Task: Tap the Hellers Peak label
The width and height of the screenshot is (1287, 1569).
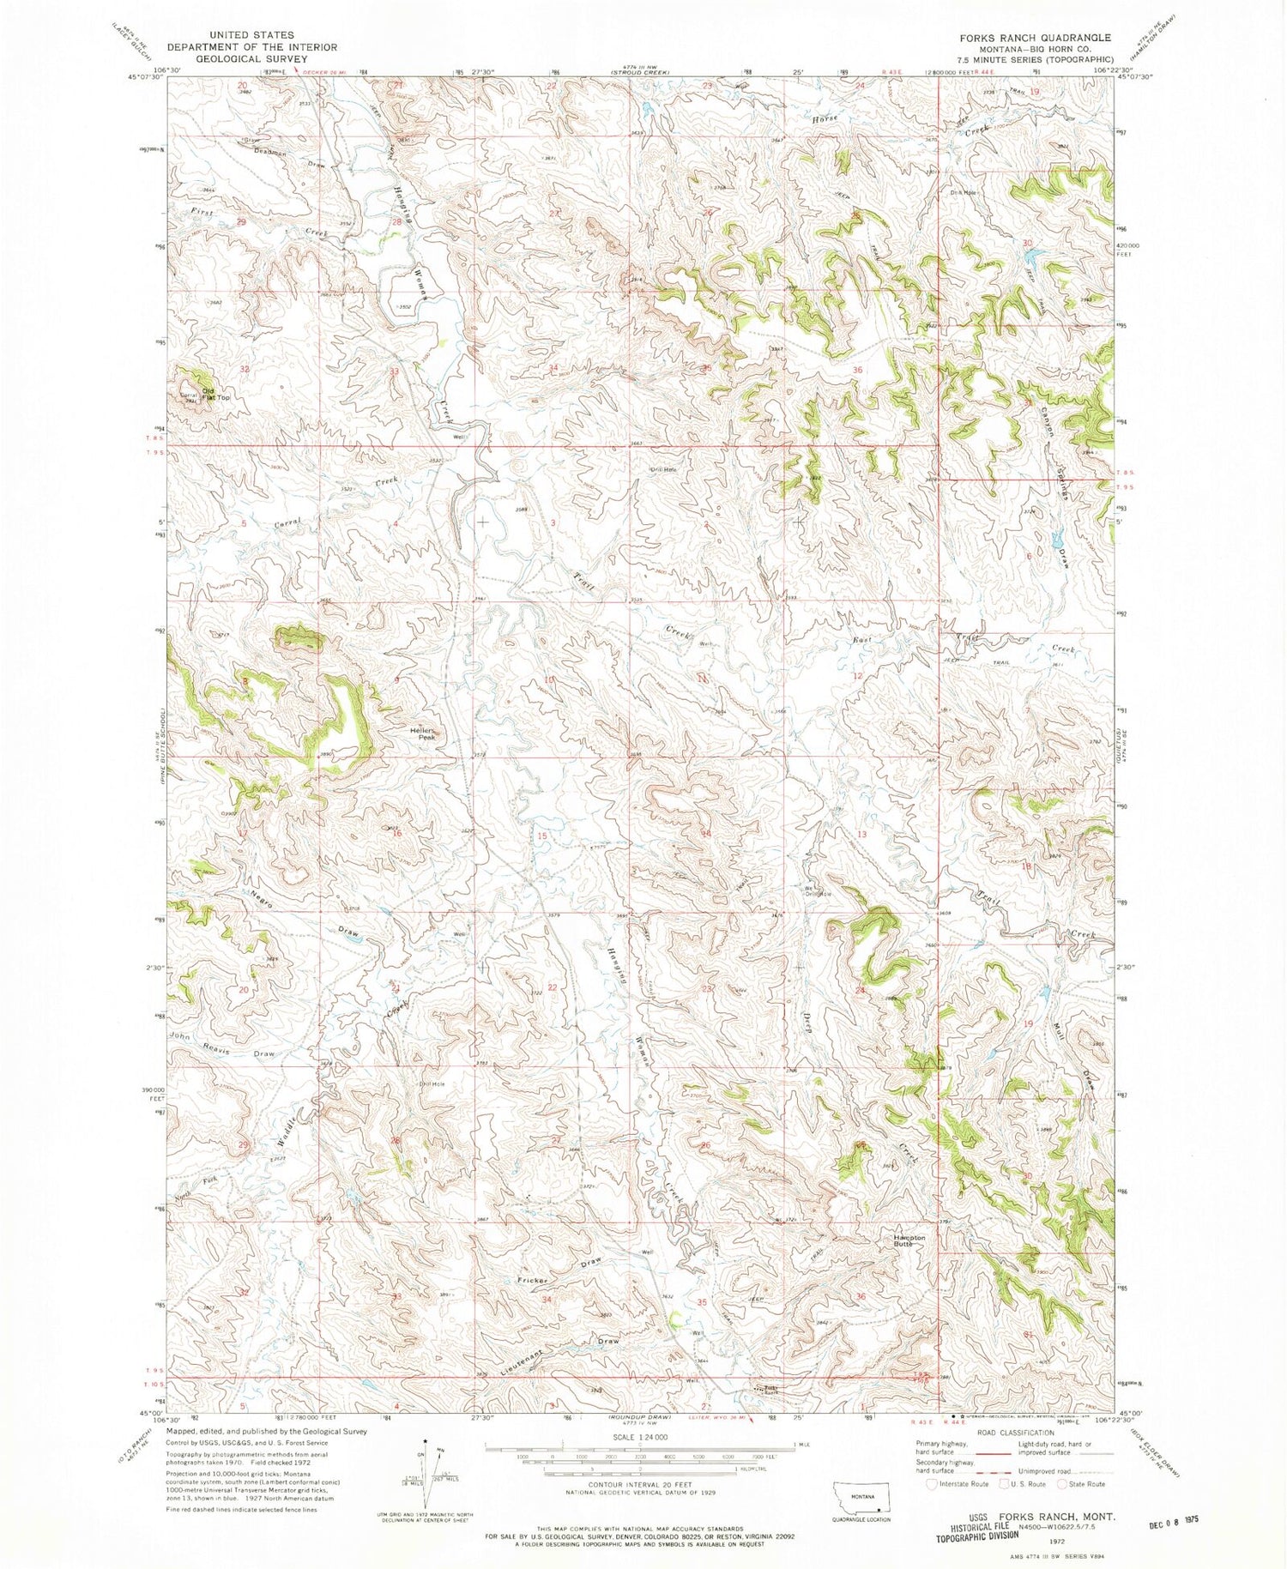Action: point(424,733)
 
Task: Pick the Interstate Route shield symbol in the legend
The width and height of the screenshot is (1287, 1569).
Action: point(932,1483)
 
